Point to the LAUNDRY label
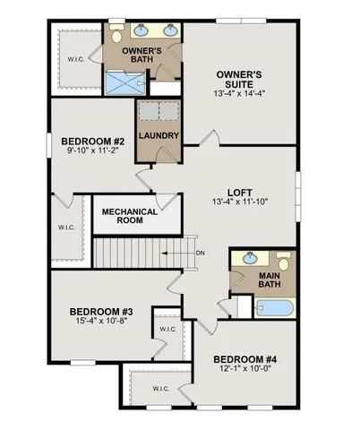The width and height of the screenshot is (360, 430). pos(159,136)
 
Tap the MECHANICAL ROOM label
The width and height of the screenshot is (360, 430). pos(130,217)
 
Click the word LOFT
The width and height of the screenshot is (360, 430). pos(238,191)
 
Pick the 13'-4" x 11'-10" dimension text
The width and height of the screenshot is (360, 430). pos(238,203)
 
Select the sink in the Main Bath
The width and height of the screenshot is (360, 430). pos(246,260)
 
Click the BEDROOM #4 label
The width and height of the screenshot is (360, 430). pos(245,360)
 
